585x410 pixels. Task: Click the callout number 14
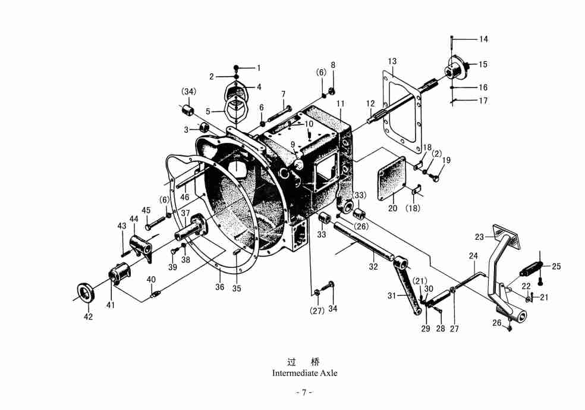[483, 39]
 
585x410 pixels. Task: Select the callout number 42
[88, 317]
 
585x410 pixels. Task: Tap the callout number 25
[556, 267]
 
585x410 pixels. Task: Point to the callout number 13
[392, 61]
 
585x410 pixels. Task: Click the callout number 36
[220, 288]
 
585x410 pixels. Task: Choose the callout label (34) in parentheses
[188, 92]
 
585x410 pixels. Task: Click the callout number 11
[341, 104]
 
